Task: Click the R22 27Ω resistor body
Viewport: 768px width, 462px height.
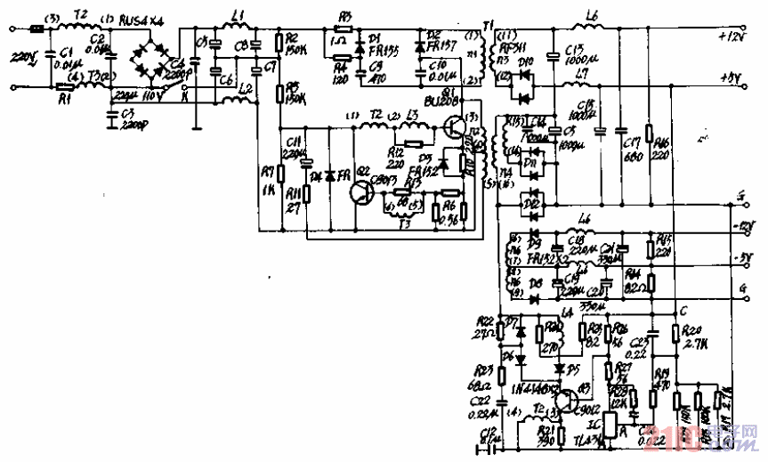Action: pyautogui.click(x=500, y=331)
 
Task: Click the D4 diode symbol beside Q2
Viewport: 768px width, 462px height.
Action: pyautogui.click(x=329, y=175)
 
